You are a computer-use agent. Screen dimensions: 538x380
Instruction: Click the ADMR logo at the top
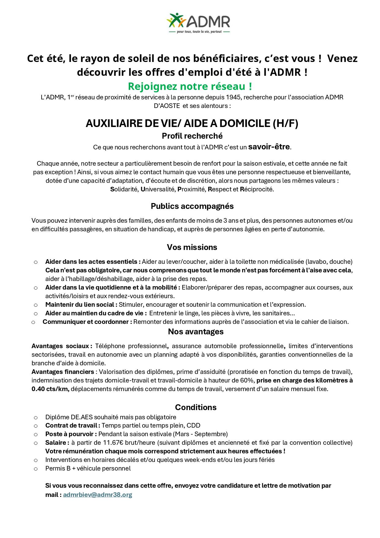click(x=198, y=23)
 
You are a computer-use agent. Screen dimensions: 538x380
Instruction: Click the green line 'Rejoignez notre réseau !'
click(x=190, y=86)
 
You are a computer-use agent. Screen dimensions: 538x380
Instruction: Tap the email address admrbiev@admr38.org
click(x=97, y=495)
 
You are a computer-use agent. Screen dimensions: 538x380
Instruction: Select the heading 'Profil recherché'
click(x=192, y=136)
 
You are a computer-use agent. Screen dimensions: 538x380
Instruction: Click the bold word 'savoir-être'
click(x=269, y=147)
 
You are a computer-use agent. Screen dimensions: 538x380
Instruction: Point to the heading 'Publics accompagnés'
click(x=192, y=206)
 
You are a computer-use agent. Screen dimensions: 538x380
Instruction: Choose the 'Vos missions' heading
click(x=192, y=247)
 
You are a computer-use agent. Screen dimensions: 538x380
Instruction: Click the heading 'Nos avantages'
click(x=196, y=332)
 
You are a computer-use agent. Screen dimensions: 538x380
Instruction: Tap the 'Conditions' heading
click(x=196, y=407)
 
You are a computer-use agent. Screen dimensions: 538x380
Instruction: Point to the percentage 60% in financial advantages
click(x=248, y=380)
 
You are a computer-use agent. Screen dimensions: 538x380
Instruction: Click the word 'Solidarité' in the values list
click(x=124, y=189)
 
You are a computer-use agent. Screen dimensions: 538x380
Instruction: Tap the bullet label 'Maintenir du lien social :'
click(x=81, y=305)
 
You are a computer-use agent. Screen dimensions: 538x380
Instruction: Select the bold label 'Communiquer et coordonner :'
click(x=87, y=322)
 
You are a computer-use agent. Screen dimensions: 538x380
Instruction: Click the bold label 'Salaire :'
click(x=57, y=443)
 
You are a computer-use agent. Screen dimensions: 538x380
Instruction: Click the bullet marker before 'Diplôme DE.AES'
click(x=36, y=417)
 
